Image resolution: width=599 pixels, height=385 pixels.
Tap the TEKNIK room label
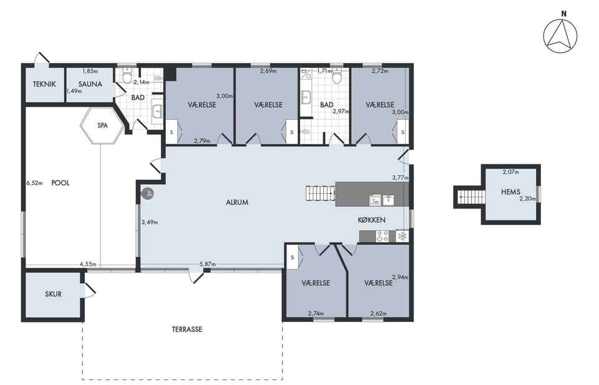point(44,84)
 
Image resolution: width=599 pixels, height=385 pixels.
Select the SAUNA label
point(90,84)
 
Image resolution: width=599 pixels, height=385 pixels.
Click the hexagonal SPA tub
point(102,125)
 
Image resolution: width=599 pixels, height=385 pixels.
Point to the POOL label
point(61,183)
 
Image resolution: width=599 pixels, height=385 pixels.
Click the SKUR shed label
point(53,294)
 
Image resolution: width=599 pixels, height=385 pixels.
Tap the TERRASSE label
point(187,329)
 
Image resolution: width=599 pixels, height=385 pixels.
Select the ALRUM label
point(237,202)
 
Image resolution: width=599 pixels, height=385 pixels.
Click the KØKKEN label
point(372,220)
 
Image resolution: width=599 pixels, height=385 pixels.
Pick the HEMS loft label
point(511,192)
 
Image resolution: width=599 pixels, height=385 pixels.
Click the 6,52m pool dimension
point(34,183)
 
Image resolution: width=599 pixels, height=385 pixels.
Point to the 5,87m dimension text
point(207,264)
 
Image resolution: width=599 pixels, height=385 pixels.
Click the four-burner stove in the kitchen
point(382,236)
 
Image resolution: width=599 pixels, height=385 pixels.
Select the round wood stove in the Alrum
point(147,193)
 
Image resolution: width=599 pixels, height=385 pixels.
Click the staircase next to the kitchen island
point(321,193)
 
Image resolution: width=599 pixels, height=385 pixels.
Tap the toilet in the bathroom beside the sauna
point(127,76)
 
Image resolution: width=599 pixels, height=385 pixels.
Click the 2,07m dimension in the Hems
point(511,172)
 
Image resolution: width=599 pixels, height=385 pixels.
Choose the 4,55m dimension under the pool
point(88,264)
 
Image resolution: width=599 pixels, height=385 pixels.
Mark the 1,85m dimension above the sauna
point(90,71)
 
